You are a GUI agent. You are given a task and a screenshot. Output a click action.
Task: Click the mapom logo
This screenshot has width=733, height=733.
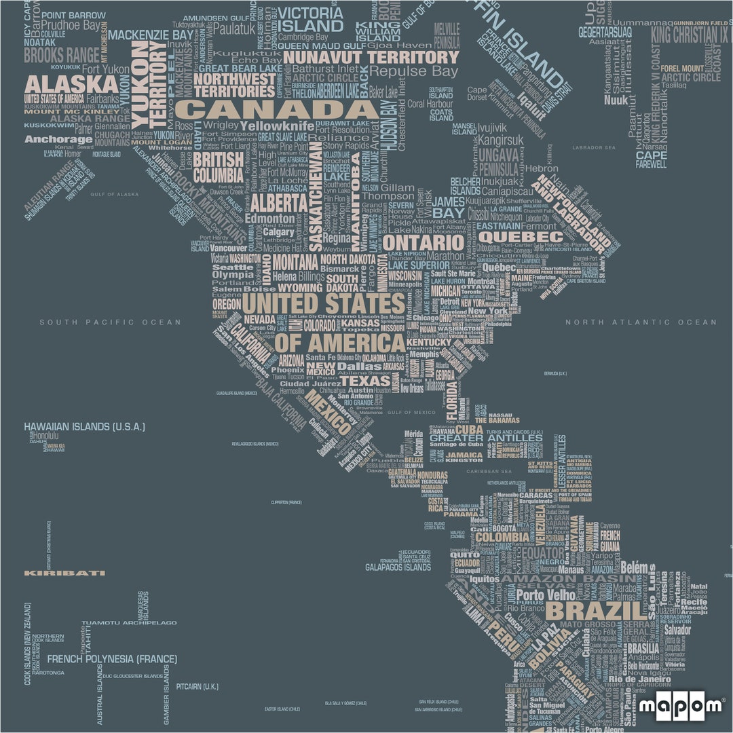click(x=681, y=707)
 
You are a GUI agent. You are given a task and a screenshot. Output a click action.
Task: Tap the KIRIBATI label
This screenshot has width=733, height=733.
click(x=64, y=573)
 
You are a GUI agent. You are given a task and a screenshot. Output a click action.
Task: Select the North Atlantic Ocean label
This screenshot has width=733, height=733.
click(x=641, y=322)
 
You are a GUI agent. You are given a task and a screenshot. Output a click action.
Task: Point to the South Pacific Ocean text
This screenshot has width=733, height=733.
click(x=110, y=322)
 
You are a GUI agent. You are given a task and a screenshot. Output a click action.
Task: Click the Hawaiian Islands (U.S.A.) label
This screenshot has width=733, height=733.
click(x=84, y=427)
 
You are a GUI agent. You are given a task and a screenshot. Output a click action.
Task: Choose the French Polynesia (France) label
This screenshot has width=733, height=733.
click(x=112, y=659)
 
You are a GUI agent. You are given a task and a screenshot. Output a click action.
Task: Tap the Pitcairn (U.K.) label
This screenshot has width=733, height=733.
click(x=197, y=686)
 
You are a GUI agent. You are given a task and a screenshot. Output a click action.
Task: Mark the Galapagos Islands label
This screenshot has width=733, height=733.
click(x=398, y=567)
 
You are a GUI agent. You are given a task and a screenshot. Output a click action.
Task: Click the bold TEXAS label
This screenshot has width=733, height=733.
click(x=366, y=381)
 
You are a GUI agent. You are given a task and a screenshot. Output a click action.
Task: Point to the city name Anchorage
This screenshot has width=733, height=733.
click(x=58, y=140)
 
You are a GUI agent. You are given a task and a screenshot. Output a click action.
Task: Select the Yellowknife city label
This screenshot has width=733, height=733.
click(x=277, y=126)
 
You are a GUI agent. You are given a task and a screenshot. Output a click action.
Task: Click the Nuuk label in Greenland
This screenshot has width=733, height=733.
click(x=616, y=100)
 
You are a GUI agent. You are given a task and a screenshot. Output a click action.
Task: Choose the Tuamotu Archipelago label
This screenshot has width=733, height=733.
click(x=129, y=622)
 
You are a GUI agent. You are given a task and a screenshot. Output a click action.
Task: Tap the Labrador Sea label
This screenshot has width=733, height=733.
click(x=593, y=147)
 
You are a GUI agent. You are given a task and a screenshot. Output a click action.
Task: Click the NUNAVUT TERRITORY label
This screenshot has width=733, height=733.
click(x=371, y=57)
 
